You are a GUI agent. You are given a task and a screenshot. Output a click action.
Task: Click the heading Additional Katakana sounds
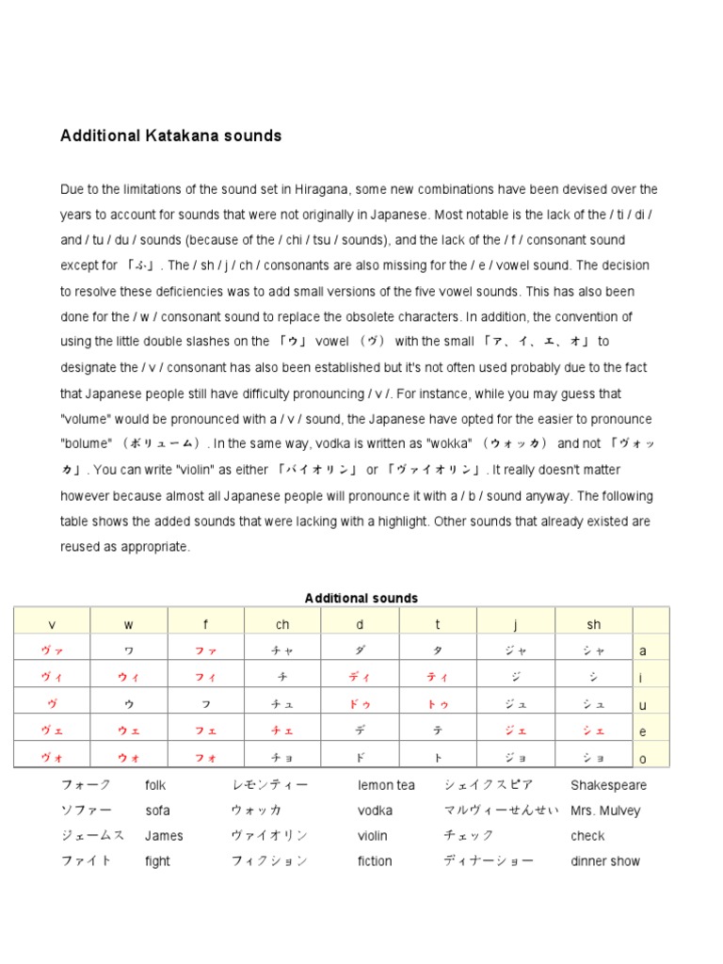[x=170, y=136]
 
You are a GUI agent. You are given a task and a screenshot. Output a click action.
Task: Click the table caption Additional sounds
[x=361, y=598]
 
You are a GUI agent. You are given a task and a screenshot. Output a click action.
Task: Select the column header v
[x=52, y=624]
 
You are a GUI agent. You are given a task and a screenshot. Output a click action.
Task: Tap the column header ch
[x=283, y=624]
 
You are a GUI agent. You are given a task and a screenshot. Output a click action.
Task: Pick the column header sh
[x=593, y=624]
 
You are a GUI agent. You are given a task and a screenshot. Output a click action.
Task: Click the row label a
[x=643, y=651]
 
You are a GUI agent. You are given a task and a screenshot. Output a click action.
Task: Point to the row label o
[x=643, y=758]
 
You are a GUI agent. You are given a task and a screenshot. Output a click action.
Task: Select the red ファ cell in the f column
[x=206, y=651]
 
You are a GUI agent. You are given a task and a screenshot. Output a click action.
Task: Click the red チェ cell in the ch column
[x=283, y=731]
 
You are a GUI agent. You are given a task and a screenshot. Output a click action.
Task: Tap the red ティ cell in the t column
[x=438, y=677]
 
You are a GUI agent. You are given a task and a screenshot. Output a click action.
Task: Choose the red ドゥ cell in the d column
[x=361, y=703]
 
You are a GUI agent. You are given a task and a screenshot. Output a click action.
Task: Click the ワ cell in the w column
[x=129, y=651]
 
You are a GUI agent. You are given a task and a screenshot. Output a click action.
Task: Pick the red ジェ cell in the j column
[x=515, y=731]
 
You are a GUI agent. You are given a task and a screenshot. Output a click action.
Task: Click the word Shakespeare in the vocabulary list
[x=608, y=785]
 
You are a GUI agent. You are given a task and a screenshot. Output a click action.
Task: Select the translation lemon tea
[x=386, y=785]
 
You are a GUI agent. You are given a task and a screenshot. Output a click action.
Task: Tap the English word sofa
[x=157, y=811]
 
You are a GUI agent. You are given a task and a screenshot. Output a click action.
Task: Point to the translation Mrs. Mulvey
[x=605, y=811]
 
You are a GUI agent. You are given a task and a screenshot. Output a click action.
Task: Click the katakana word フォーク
[x=86, y=785]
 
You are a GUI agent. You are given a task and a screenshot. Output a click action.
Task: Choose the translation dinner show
[x=605, y=861]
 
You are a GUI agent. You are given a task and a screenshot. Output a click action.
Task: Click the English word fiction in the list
[x=375, y=861]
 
